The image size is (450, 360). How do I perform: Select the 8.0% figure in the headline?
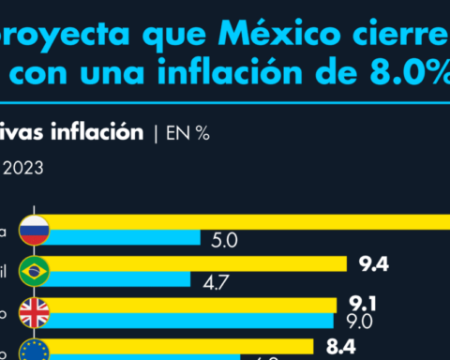point(402,82)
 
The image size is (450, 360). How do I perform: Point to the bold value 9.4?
point(374,263)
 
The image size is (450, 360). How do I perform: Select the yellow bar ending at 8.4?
point(187,345)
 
